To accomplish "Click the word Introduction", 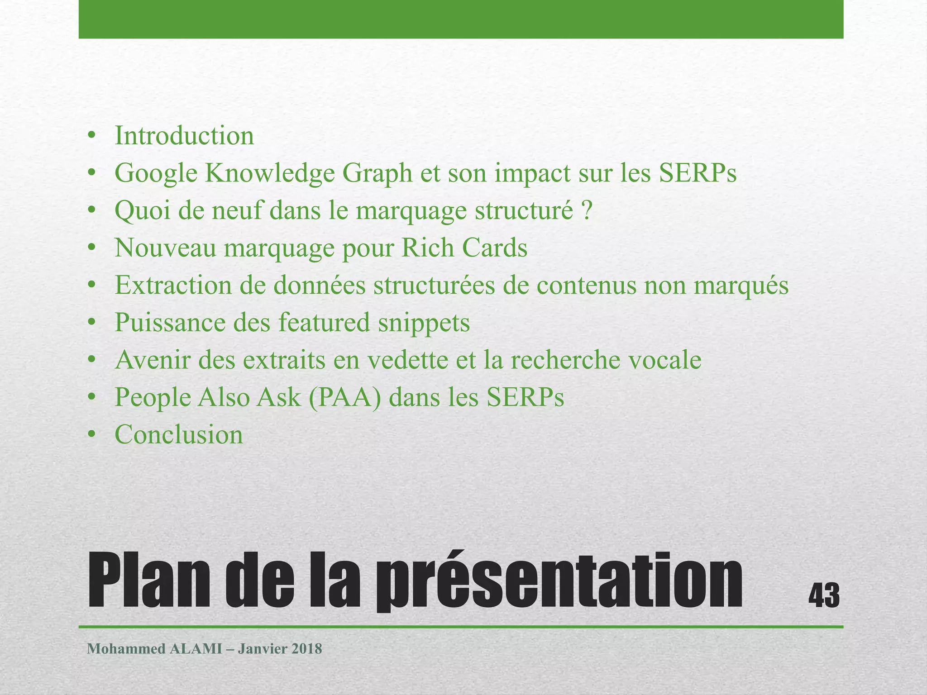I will [x=184, y=136].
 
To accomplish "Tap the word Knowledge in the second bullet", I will [x=270, y=173].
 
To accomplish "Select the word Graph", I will [x=377, y=173].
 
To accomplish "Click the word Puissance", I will [x=170, y=323].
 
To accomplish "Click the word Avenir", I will [x=153, y=360].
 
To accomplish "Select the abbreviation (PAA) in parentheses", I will [x=345, y=398].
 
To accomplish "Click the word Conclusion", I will [x=179, y=435].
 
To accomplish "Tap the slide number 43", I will [x=824, y=596].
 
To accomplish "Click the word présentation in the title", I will [x=559, y=581].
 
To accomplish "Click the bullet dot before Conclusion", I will [x=92, y=435].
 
